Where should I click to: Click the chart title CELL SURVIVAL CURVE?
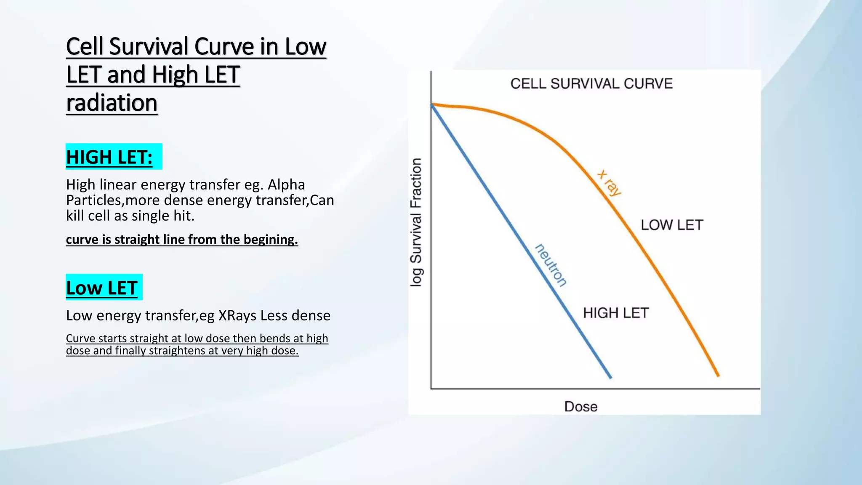click(x=591, y=84)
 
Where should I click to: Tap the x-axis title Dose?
click(x=580, y=407)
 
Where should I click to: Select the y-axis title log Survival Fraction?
click(x=416, y=222)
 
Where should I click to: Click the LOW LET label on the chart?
click(x=672, y=225)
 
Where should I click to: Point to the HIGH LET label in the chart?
click(x=615, y=313)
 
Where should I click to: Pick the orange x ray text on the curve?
click(x=609, y=183)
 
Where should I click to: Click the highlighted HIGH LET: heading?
click(x=109, y=157)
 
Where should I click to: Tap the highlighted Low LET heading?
click(x=102, y=288)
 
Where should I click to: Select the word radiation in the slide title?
click(x=112, y=103)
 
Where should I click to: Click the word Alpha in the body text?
click(x=286, y=184)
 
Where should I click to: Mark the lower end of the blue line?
click(x=610, y=377)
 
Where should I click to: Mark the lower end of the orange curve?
click(x=718, y=375)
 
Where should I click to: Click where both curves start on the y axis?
click(x=431, y=104)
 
